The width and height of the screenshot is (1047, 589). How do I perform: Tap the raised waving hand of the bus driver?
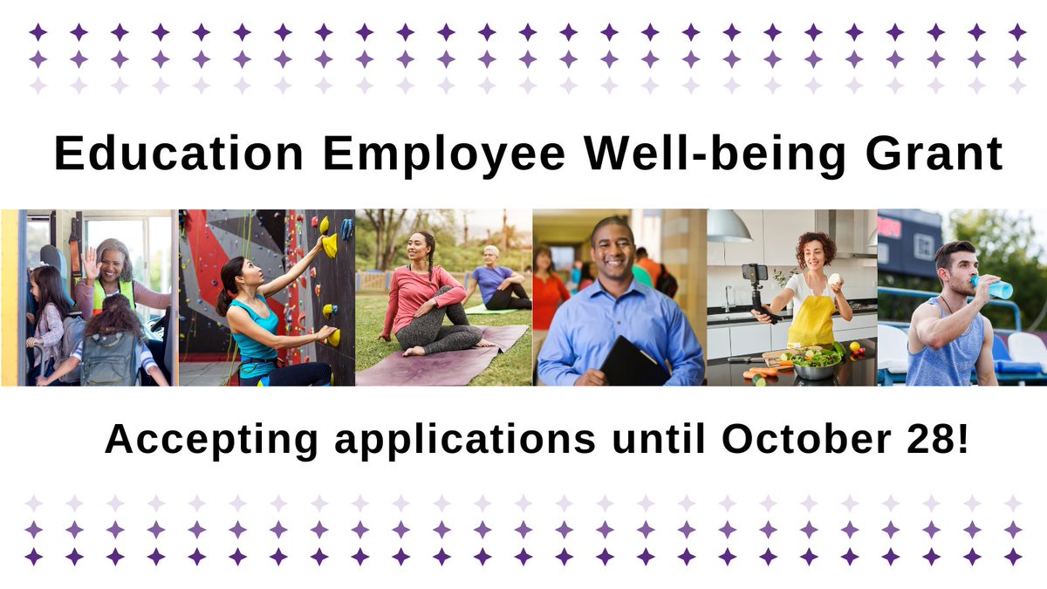click(x=90, y=263)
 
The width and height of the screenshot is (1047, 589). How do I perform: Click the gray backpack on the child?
click(x=108, y=359)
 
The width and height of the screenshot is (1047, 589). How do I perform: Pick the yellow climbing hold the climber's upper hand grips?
click(x=329, y=245)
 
